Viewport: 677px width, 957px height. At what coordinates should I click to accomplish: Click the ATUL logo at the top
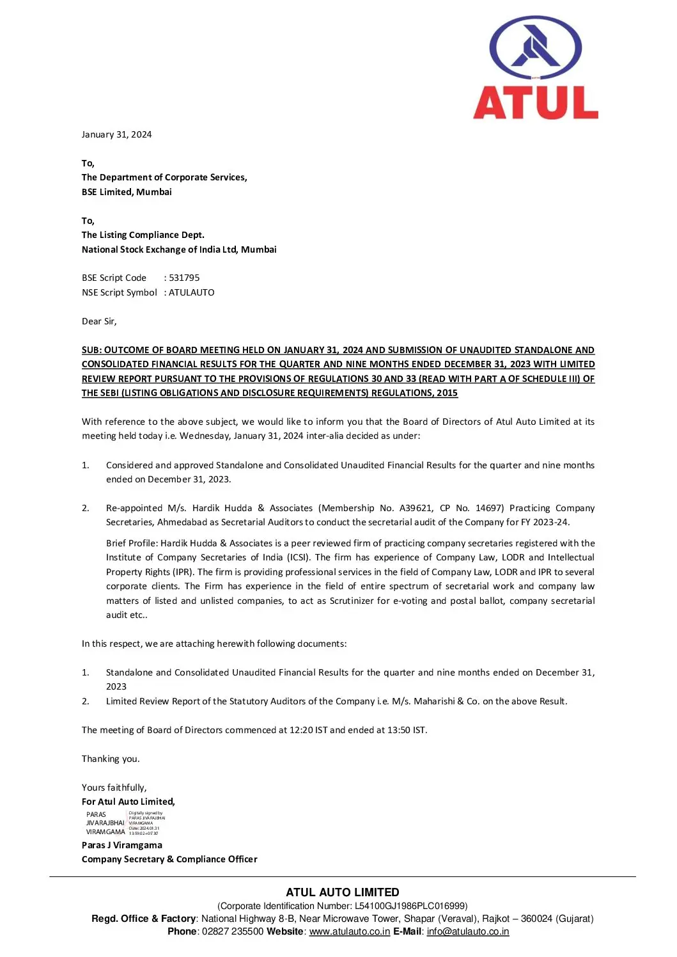(x=535, y=68)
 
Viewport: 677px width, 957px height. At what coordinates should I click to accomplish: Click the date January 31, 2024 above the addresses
(x=116, y=134)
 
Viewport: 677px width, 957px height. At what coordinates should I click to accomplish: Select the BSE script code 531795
(x=184, y=278)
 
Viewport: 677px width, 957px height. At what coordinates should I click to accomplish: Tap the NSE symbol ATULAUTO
(x=192, y=292)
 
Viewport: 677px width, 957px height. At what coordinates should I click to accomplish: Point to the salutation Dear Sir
(x=99, y=321)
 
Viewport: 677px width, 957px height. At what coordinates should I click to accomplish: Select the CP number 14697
(x=490, y=508)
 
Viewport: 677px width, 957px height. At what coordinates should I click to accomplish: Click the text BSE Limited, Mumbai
(x=127, y=192)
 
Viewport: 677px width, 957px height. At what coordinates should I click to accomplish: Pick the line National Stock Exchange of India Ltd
(x=179, y=249)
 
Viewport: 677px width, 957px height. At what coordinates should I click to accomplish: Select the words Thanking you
(x=111, y=759)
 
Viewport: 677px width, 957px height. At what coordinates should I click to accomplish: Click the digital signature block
(x=125, y=823)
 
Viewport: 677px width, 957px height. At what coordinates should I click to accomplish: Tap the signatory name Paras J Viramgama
(x=122, y=845)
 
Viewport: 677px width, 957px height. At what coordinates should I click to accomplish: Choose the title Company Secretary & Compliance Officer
(x=169, y=859)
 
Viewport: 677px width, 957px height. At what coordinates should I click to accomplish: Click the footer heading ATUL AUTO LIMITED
(x=343, y=892)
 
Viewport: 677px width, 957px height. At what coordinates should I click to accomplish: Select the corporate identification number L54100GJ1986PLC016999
(x=410, y=906)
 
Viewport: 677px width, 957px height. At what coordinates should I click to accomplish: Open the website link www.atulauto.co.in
(x=350, y=931)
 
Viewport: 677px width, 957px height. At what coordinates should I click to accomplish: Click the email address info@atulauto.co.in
(x=468, y=931)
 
